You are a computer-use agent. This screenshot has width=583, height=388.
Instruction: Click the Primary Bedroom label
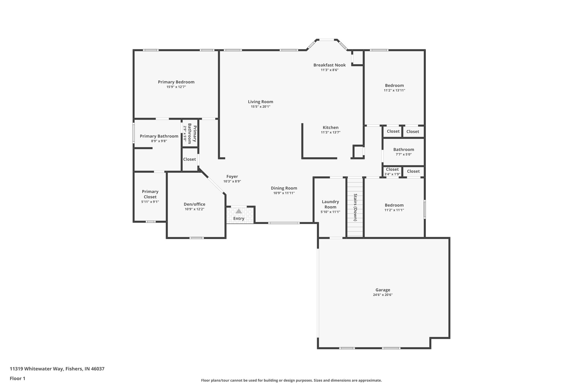tap(176, 82)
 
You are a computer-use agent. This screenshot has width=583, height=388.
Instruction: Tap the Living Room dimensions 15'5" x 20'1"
tap(260, 107)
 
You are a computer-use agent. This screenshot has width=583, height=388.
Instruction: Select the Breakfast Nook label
tap(329, 65)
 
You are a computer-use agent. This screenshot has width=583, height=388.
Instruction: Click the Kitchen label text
tap(330, 128)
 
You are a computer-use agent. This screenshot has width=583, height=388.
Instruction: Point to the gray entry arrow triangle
tap(239, 211)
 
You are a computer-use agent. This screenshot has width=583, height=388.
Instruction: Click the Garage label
tap(383, 290)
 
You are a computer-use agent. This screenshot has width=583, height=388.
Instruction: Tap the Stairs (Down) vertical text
tap(355, 207)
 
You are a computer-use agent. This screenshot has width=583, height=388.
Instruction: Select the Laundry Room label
tap(330, 204)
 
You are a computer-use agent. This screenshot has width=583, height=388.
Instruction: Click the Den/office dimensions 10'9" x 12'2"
tap(194, 209)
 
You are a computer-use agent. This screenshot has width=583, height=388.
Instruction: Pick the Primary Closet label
tap(150, 194)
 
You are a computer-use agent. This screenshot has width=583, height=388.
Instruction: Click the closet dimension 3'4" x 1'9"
tap(392, 174)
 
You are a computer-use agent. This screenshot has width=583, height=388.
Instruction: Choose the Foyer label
tap(232, 177)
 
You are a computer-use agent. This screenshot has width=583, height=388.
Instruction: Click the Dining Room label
tap(284, 188)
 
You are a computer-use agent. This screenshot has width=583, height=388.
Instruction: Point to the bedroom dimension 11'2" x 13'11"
tap(394, 90)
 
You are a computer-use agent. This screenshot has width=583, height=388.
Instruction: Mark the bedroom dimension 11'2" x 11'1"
tap(394, 210)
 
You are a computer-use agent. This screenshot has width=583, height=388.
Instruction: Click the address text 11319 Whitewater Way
tap(57, 369)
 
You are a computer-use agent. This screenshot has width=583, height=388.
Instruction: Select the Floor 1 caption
tap(17, 379)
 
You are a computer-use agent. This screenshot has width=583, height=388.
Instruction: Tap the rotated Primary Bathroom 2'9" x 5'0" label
tap(190, 134)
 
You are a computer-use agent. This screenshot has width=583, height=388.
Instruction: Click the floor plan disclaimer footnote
tap(291, 380)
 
